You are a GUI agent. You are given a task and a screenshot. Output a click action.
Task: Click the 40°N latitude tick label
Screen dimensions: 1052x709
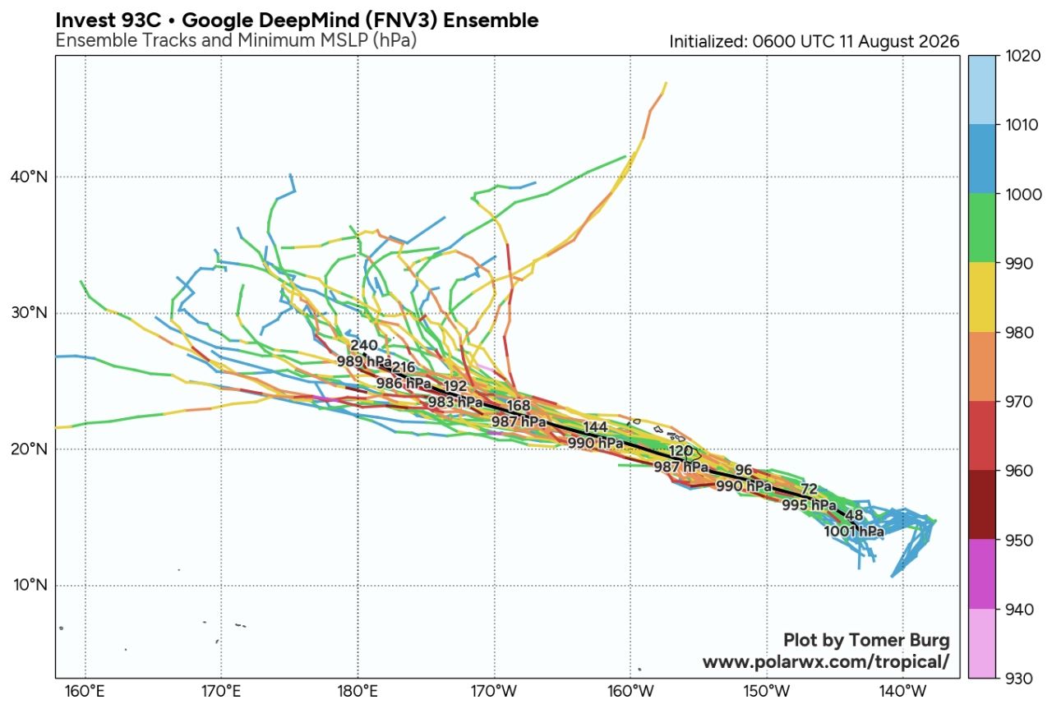click(x=29, y=177)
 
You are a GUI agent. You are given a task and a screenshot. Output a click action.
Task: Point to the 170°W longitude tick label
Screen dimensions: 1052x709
click(x=494, y=691)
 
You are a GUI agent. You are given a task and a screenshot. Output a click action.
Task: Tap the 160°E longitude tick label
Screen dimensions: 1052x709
click(x=85, y=691)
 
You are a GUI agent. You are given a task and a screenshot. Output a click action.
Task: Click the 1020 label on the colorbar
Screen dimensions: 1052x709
click(x=1023, y=56)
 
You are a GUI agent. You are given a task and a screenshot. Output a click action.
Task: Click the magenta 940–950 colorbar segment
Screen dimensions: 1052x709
click(x=981, y=573)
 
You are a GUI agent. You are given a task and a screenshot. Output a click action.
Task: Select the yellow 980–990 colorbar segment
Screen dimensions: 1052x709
click(x=981, y=297)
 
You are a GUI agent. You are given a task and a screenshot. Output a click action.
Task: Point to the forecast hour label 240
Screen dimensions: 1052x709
click(x=364, y=345)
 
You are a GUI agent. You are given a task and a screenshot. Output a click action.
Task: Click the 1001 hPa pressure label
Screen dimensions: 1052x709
click(x=854, y=531)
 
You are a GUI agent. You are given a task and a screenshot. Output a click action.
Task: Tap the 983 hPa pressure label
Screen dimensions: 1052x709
click(x=455, y=402)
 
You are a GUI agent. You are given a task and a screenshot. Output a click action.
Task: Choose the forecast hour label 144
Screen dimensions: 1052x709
click(x=595, y=427)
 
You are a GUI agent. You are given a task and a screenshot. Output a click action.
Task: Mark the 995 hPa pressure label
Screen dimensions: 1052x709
click(x=810, y=504)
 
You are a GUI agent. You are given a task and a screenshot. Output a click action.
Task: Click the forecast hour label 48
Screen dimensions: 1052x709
click(x=854, y=515)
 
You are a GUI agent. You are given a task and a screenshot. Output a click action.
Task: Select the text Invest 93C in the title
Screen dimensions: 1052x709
click(x=108, y=21)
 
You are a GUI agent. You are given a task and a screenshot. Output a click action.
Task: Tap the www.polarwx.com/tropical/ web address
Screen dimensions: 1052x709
click(x=826, y=662)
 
